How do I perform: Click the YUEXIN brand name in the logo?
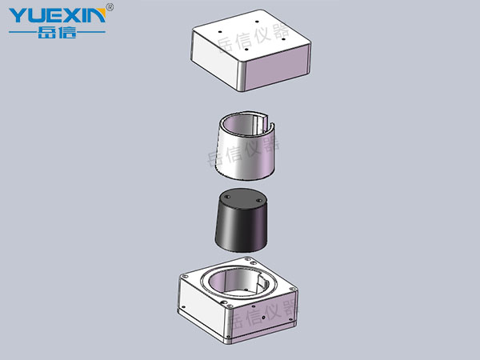click(58, 15)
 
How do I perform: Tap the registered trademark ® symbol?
click(110, 7)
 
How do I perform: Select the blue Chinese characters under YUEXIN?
click(57, 32)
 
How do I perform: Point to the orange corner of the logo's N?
click(102, 13)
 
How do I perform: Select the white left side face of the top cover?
click(214, 58)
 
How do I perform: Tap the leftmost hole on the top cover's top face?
click(219, 31)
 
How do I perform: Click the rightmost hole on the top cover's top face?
click(283, 39)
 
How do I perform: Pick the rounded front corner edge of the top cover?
click(242, 77)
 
